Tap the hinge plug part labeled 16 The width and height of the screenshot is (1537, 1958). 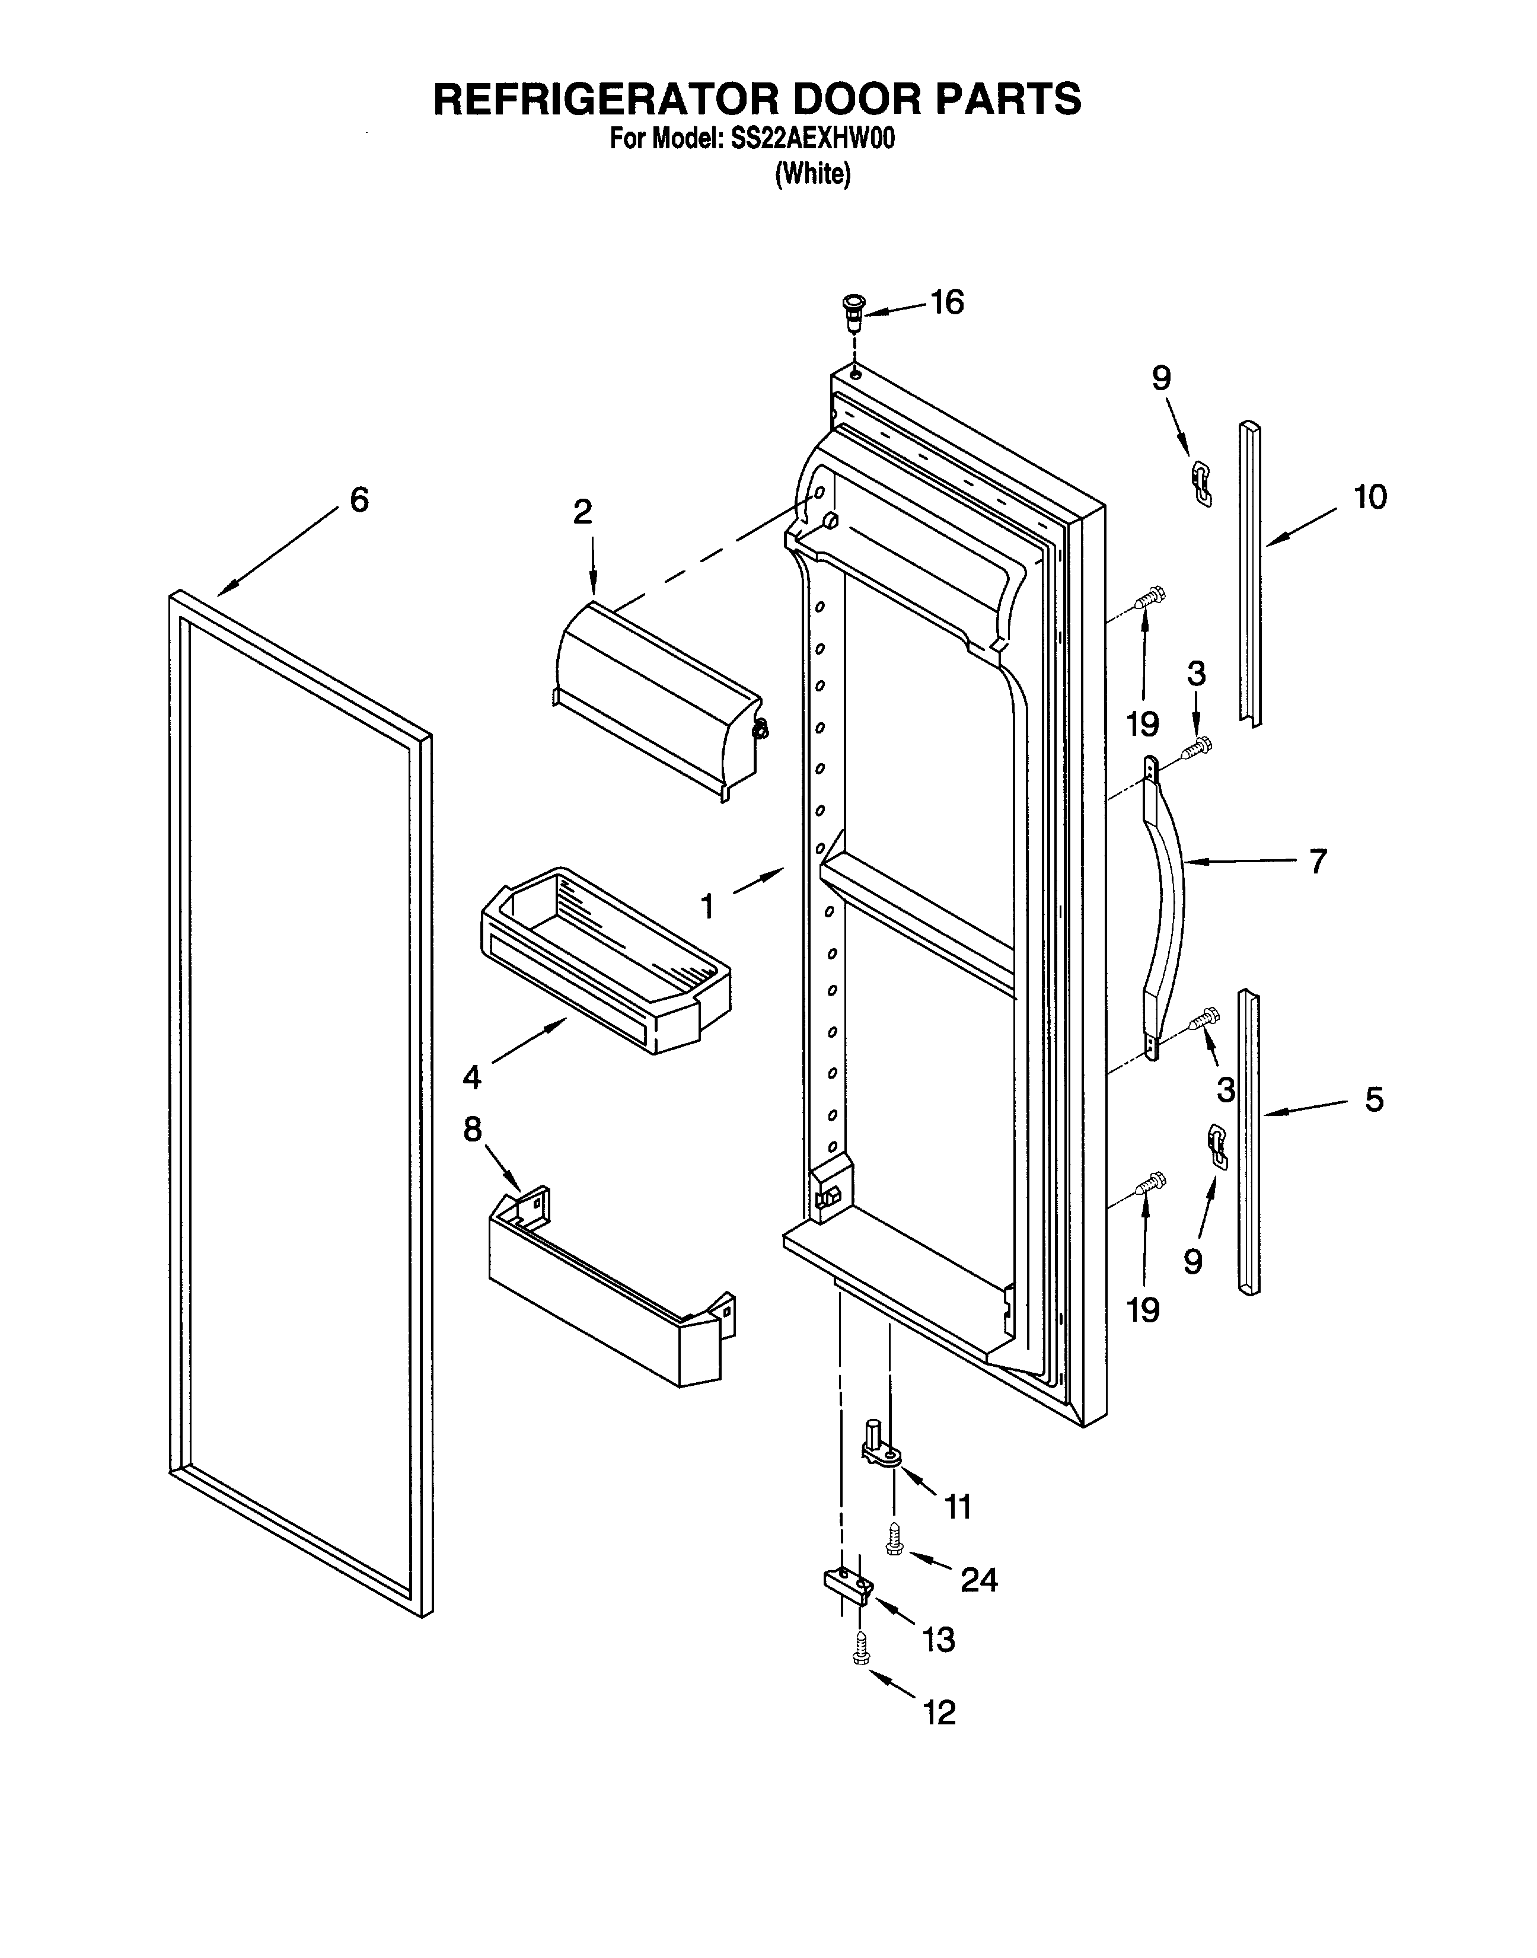pos(852,314)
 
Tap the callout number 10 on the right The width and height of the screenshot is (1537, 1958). pos(1370,497)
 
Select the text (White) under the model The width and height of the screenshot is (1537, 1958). pos(812,174)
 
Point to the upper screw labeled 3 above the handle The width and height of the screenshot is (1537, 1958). pos(1198,747)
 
